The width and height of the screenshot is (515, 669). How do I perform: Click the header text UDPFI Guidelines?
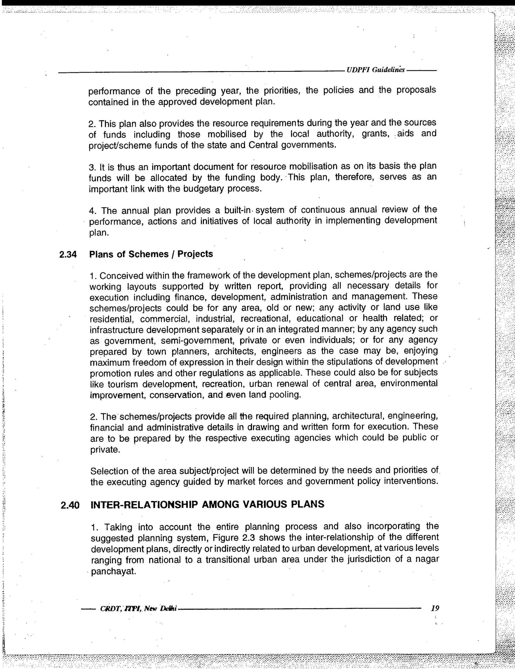point(375,70)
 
